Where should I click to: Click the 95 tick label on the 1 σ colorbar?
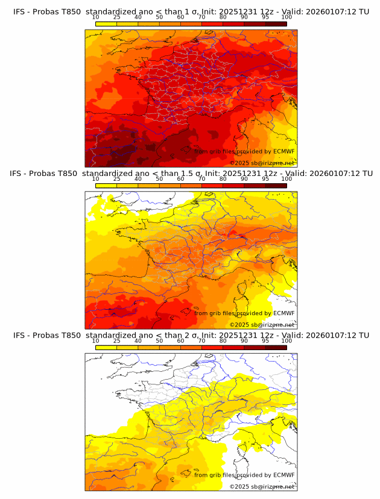[x=265, y=17]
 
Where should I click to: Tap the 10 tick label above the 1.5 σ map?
[x=95, y=178]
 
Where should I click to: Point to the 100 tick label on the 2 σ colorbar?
[x=287, y=341]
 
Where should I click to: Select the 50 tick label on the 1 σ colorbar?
[x=159, y=17]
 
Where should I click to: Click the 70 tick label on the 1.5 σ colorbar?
[x=201, y=178]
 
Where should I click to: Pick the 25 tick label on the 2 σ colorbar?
[x=116, y=341]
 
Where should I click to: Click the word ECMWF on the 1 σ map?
[x=284, y=152]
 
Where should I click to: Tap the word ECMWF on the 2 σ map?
[x=284, y=475]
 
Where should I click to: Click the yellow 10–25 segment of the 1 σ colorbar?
[x=106, y=24]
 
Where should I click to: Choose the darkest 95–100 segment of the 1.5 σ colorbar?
[x=276, y=186]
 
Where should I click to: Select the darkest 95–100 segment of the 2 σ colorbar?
[x=276, y=347]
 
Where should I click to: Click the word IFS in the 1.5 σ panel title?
[x=17, y=174]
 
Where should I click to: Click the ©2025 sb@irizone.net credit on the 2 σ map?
[x=262, y=486]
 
